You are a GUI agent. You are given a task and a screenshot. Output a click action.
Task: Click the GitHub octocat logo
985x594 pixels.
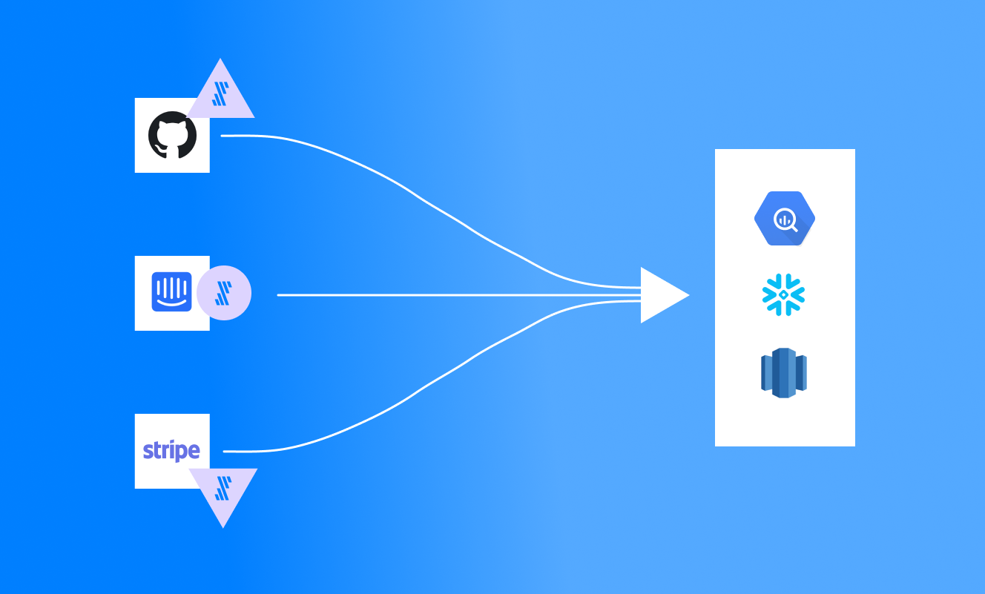point(172,135)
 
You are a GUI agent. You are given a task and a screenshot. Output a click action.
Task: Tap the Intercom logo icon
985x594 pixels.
point(172,291)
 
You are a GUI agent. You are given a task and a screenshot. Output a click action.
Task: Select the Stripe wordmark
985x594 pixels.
point(171,451)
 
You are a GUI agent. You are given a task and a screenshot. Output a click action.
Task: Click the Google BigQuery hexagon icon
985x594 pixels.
point(785,218)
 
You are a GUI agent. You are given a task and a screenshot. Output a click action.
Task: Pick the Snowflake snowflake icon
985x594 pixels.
point(783,294)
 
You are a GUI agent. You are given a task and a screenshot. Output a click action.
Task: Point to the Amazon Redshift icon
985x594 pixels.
point(783,373)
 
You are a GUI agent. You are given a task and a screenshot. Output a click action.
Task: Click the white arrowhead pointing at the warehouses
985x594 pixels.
point(662,295)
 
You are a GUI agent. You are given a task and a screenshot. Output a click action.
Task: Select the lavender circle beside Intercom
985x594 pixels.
point(223,294)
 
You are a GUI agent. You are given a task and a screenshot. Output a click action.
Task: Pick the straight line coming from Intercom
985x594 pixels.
point(445,295)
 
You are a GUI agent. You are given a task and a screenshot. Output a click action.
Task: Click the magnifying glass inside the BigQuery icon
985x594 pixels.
point(785,220)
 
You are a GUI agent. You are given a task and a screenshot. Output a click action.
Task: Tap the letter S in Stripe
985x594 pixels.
point(148,451)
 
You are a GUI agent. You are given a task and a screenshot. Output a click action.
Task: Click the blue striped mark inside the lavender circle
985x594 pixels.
point(221,294)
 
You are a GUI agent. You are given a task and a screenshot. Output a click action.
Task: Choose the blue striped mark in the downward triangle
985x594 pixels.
point(223,488)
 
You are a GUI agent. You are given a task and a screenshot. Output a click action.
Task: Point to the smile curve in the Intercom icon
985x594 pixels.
point(172,302)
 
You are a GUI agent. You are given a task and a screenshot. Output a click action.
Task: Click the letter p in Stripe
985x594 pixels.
point(179,452)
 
